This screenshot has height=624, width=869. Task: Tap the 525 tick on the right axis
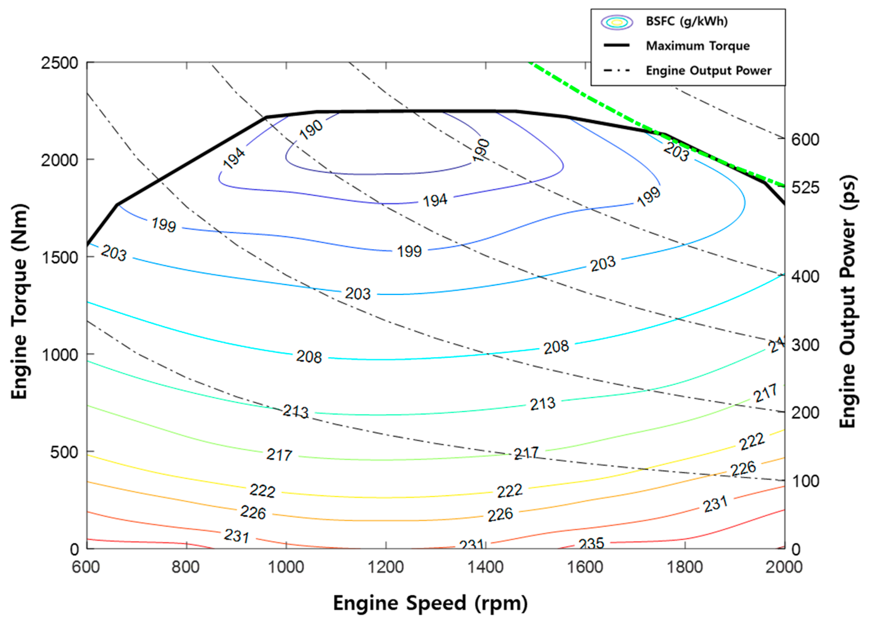tap(805, 187)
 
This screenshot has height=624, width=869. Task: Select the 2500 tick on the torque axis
tap(59, 63)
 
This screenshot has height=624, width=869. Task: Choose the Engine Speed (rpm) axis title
tap(430, 603)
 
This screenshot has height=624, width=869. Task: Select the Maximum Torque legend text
tap(697, 46)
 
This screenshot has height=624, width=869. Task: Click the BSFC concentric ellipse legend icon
tap(616, 22)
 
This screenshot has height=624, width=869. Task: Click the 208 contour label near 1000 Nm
tap(309, 357)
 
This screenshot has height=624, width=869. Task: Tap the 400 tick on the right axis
tap(805, 276)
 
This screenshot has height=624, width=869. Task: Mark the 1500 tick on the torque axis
tap(59, 257)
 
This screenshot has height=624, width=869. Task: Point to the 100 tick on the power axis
tap(805, 481)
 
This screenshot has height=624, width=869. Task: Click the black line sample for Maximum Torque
tap(616, 46)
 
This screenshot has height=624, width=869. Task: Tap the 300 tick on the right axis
tap(805, 345)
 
